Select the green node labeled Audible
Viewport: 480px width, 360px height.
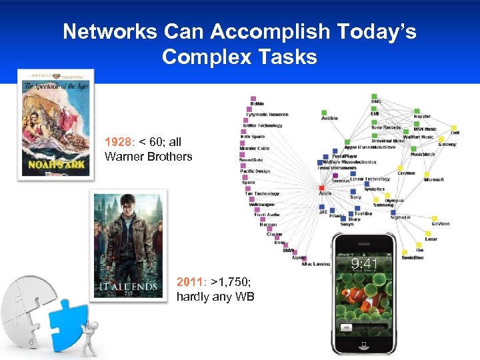pyautogui.click(x=325, y=112)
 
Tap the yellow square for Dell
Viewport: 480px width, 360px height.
pyautogui.click(x=455, y=127)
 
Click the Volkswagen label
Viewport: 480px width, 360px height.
pyautogui.click(x=262, y=205)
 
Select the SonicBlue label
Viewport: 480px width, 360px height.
pyautogui.click(x=413, y=257)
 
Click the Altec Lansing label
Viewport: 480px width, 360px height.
pyautogui.click(x=315, y=264)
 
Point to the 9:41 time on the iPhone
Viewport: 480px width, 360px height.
pyautogui.click(x=365, y=263)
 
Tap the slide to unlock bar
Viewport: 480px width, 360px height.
pyautogui.click(x=365, y=327)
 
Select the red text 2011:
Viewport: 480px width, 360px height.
pyautogui.click(x=191, y=282)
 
